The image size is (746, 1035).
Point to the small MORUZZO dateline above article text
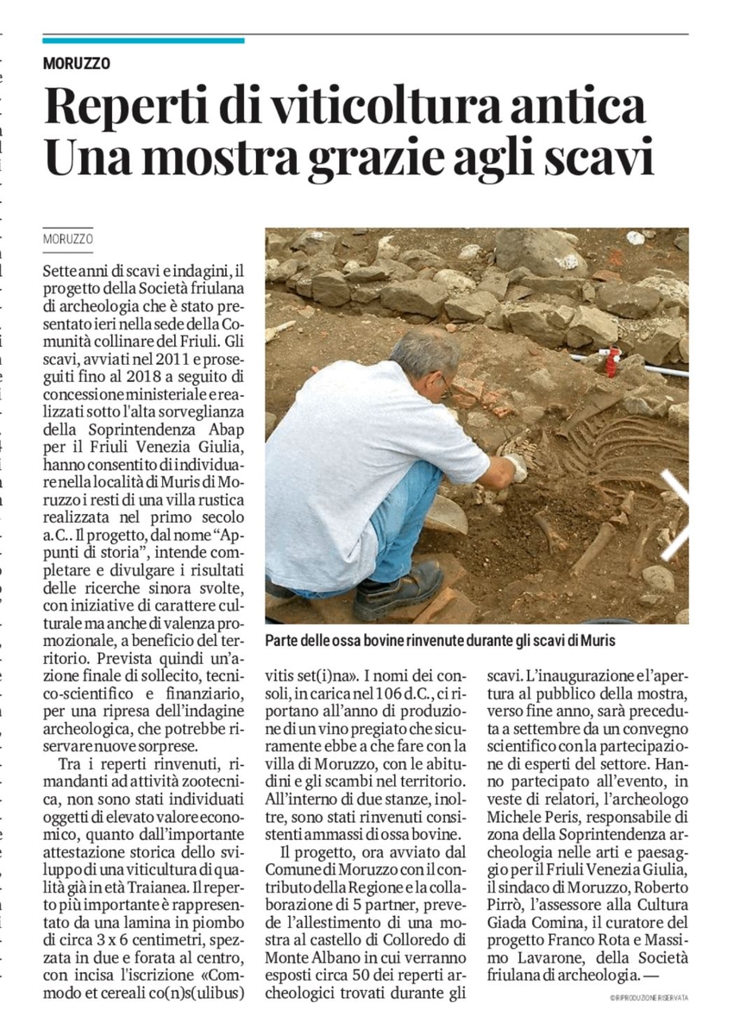tap(67, 238)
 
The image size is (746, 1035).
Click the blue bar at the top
tap(143, 40)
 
